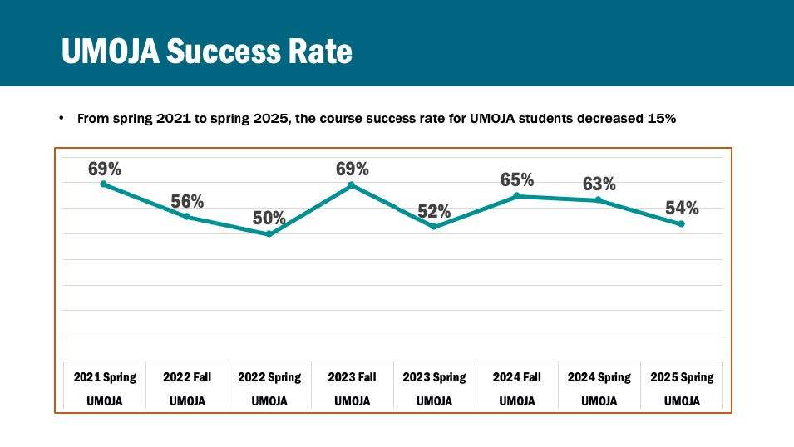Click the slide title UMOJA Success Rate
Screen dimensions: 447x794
coord(206,52)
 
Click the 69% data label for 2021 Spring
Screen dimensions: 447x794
coord(105,169)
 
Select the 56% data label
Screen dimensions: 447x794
coord(187,201)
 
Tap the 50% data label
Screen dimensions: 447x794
coord(269,219)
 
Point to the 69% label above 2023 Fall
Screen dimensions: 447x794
coord(352,169)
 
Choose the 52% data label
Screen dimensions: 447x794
coord(434,211)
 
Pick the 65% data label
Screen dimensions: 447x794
coord(516,179)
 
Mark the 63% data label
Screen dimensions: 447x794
coord(599,184)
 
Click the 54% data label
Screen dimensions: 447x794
coord(682,208)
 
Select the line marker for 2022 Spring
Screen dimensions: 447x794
coord(269,234)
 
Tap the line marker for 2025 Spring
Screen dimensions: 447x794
coord(682,224)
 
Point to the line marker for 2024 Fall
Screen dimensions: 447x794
coord(516,196)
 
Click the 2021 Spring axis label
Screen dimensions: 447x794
coord(105,377)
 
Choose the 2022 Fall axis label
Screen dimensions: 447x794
coord(187,377)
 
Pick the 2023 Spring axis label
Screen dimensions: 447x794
coord(434,377)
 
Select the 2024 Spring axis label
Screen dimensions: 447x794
coord(599,377)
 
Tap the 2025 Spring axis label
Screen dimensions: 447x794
coord(682,377)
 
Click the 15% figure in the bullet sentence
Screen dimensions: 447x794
coord(661,119)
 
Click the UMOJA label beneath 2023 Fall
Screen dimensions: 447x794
coord(352,401)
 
